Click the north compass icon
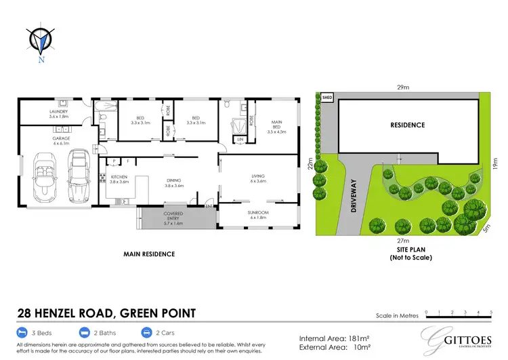(41, 41)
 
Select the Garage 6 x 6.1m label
(61, 140)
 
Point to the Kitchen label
(119, 180)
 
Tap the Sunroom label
(259, 214)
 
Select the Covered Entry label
(174, 217)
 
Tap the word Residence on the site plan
(407, 125)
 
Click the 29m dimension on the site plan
(404, 87)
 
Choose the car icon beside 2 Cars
(147, 333)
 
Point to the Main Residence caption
(149, 254)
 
